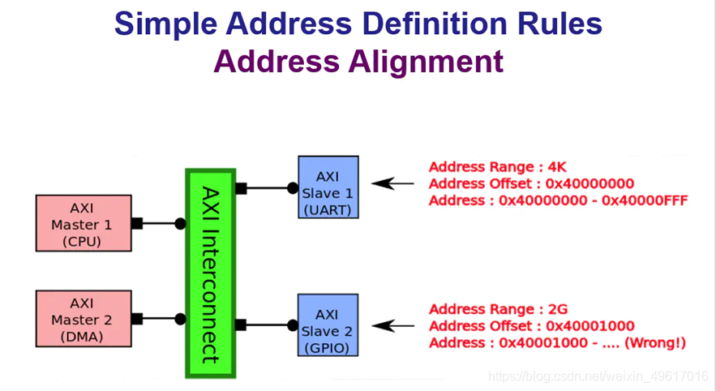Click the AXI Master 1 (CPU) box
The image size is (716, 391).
click(x=83, y=222)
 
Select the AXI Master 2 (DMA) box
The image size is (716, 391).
click(x=83, y=319)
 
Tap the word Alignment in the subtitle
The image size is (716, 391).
click(x=427, y=62)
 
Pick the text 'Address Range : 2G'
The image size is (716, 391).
click(x=499, y=309)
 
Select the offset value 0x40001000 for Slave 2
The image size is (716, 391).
click(x=590, y=326)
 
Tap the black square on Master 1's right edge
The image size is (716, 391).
click(x=137, y=223)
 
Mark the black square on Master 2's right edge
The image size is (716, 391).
click(x=137, y=319)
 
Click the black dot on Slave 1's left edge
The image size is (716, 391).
click(x=292, y=188)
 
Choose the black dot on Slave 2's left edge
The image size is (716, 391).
click(x=292, y=325)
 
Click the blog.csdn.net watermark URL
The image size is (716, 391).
click(x=600, y=376)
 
